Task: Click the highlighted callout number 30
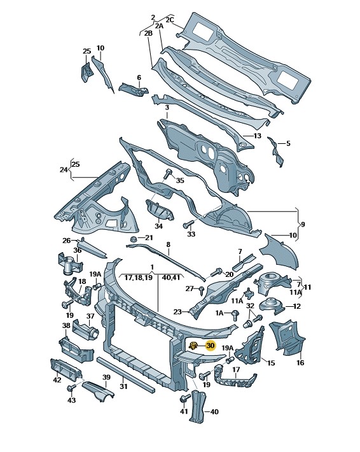[x=211, y=345]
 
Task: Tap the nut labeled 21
[x=133, y=239]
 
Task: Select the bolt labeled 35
[x=168, y=174]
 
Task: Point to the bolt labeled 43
[x=71, y=388]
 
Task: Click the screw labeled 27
[x=202, y=290]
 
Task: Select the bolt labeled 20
[x=217, y=272]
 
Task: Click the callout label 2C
[x=170, y=20]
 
